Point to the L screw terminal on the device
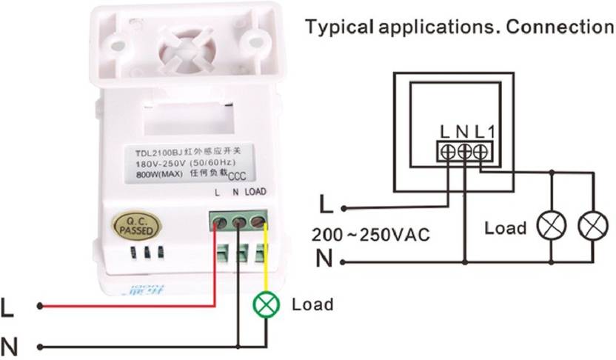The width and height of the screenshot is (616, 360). pos(219,221)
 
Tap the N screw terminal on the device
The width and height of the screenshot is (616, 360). pos(238,221)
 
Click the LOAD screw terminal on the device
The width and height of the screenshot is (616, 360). pos(258,221)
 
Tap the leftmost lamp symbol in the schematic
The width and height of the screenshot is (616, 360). pos(551,226)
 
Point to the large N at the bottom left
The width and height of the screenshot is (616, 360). pos(9,346)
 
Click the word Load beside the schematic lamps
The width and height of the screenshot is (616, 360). pos(505,227)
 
